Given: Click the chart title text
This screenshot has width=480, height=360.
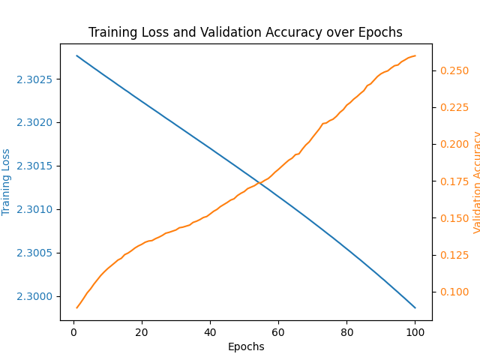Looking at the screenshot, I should [245, 33].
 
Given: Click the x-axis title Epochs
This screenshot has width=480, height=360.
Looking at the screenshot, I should [246, 346].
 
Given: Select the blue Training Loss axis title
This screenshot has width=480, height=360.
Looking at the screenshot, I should [7, 181].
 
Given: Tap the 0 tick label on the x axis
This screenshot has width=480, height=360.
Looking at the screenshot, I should [73, 332].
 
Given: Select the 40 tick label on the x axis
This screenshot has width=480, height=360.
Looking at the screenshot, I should [210, 332].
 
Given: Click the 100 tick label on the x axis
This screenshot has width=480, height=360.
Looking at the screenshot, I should [415, 332].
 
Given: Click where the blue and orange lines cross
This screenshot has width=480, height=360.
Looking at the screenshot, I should [259, 182].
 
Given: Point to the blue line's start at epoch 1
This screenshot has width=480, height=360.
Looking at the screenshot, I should [77, 55].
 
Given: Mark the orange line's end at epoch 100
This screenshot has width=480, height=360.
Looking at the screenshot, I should [415, 55].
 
